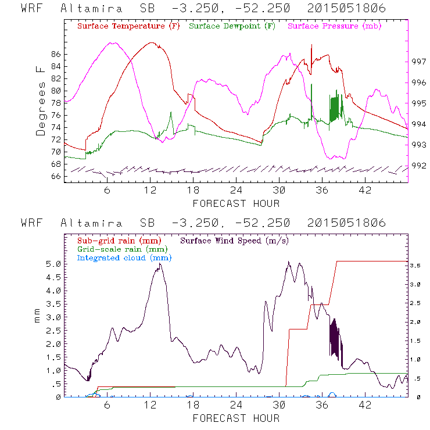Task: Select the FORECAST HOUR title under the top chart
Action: (236, 203)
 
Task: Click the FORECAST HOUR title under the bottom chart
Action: (236, 418)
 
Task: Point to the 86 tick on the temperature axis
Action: (55, 54)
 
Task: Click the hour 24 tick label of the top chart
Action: (236, 191)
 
